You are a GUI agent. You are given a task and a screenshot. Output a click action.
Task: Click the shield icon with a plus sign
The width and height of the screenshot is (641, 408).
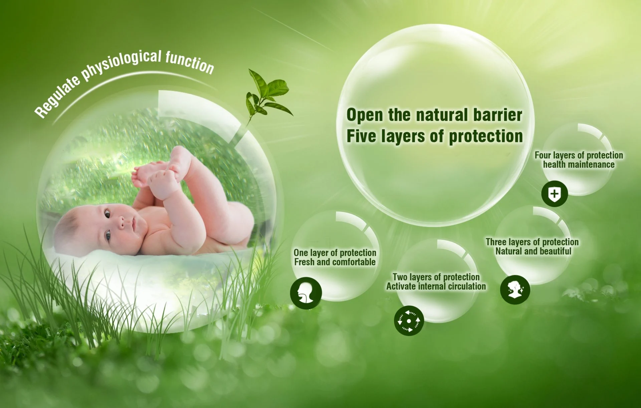point(555,194)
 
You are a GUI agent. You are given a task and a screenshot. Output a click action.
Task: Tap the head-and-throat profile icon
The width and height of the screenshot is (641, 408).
point(306,293)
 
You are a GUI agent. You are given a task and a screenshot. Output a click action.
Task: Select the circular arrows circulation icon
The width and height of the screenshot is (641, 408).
point(409,321)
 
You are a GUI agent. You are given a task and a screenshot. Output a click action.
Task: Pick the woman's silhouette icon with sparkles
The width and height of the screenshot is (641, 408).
point(515,289)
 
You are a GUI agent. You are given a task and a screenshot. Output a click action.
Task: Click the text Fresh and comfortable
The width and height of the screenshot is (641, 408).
point(335,262)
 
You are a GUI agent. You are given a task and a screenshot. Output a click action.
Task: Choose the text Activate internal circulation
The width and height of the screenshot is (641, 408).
point(436,286)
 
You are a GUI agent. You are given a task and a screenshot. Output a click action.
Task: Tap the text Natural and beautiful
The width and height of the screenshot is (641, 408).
point(533,251)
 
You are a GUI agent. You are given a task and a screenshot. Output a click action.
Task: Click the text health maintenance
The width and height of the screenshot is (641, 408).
point(579,164)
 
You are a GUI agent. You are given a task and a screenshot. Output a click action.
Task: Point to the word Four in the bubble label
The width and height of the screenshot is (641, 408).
point(543,155)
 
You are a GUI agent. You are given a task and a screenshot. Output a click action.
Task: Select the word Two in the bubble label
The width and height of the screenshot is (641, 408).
point(400,277)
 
